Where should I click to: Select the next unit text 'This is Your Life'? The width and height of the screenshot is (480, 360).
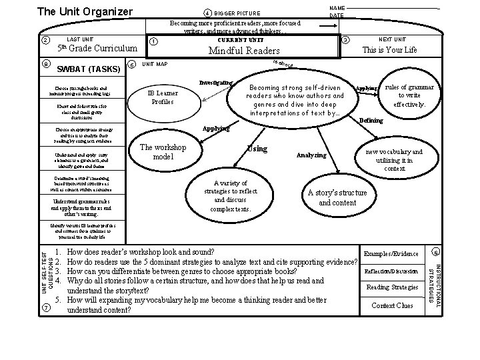click(x=389, y=50)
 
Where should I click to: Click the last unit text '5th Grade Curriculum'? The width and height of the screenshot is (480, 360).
click(x=97, y=49)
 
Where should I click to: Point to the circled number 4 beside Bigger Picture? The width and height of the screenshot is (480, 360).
click(x=208, y=13)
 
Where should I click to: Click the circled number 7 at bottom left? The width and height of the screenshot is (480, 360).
click(x=45, y=307)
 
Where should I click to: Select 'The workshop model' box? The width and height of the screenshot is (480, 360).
click(x=163, y=152)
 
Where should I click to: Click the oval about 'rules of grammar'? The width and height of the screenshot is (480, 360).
click(x=410, y=96)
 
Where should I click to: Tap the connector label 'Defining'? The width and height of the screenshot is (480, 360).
click(x=371, y=121)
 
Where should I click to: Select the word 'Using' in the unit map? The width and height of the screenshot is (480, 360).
click(x=257, y=147)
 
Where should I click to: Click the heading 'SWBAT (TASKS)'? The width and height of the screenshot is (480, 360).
click(x=89, y=69)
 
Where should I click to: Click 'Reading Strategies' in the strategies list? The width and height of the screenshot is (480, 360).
click(x=391, y=287)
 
